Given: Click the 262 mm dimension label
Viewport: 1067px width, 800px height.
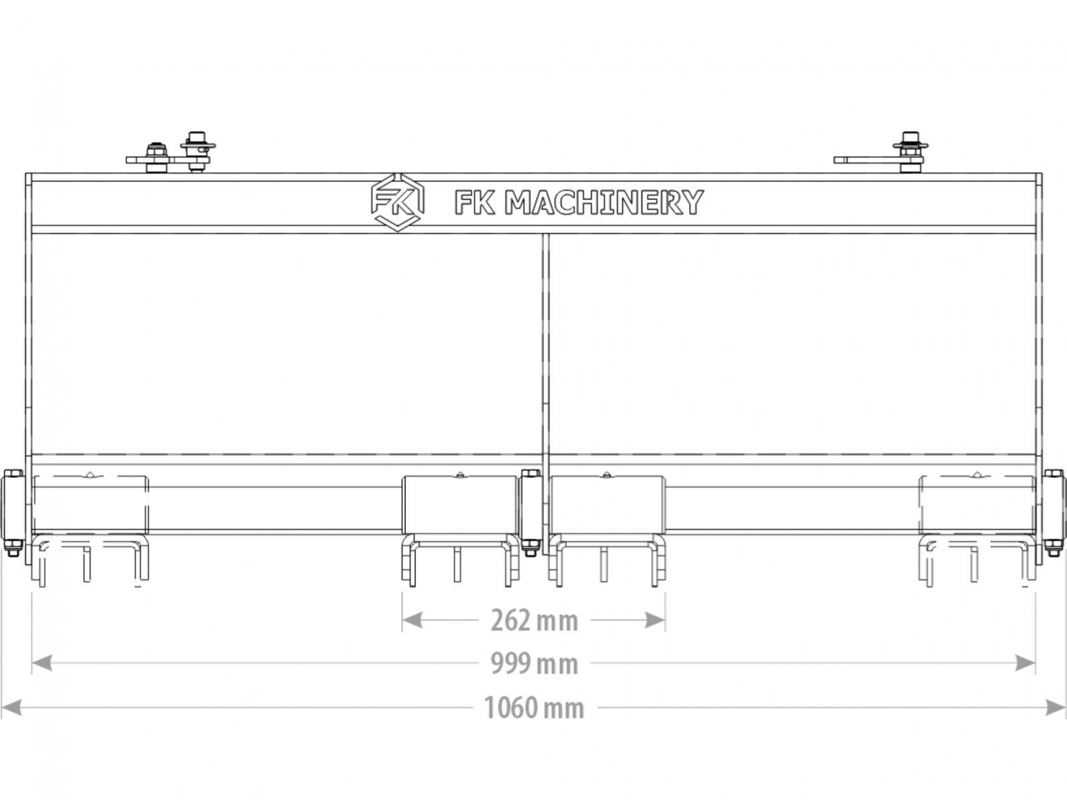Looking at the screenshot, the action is click(x=534, y=621).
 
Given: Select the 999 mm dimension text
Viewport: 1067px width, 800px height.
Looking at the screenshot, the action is click(x=534, y=664).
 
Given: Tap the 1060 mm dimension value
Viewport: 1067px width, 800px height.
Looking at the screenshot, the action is click(x=534, y=708).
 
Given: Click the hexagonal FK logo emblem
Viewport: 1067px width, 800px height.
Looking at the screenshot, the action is click(x=397, y=202).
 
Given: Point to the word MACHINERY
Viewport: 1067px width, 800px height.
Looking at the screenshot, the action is click(x=604, y=202).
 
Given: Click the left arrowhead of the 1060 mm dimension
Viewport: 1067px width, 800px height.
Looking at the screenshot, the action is click(x=11, y=707).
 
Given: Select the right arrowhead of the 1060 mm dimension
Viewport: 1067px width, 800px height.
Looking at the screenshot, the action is click(x=1056, y=707).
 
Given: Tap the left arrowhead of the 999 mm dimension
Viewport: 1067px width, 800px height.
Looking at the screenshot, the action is click(x=42, y=663).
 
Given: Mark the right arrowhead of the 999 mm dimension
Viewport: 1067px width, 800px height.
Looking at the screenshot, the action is click(x=1025, y=663).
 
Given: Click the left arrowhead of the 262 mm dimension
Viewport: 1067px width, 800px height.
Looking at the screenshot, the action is click(x=412, y=620).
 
